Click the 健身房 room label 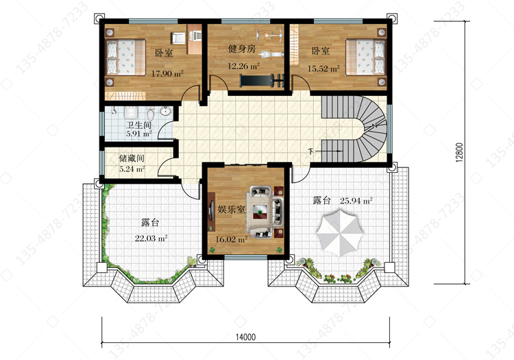pos(242,49)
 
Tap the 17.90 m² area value pos(167,73)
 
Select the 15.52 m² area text pos(323,69)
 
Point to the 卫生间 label pos(138,125)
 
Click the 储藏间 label pos(132,158)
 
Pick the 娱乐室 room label pos(231,209)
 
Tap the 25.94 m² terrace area pos(356,201)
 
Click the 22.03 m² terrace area pos(151,238)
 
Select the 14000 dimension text pos(245,337)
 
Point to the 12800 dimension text pos(460,152)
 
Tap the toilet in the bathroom pos(151,113)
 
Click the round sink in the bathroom pos(166,111)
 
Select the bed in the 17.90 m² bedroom pos(126,57)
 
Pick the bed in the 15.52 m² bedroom pos(365,57)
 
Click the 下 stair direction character pos(310,152)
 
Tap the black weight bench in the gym pos(262,81)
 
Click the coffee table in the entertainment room pos(260,212)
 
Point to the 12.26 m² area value pos(243,66)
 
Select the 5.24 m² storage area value pos(132,169)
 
